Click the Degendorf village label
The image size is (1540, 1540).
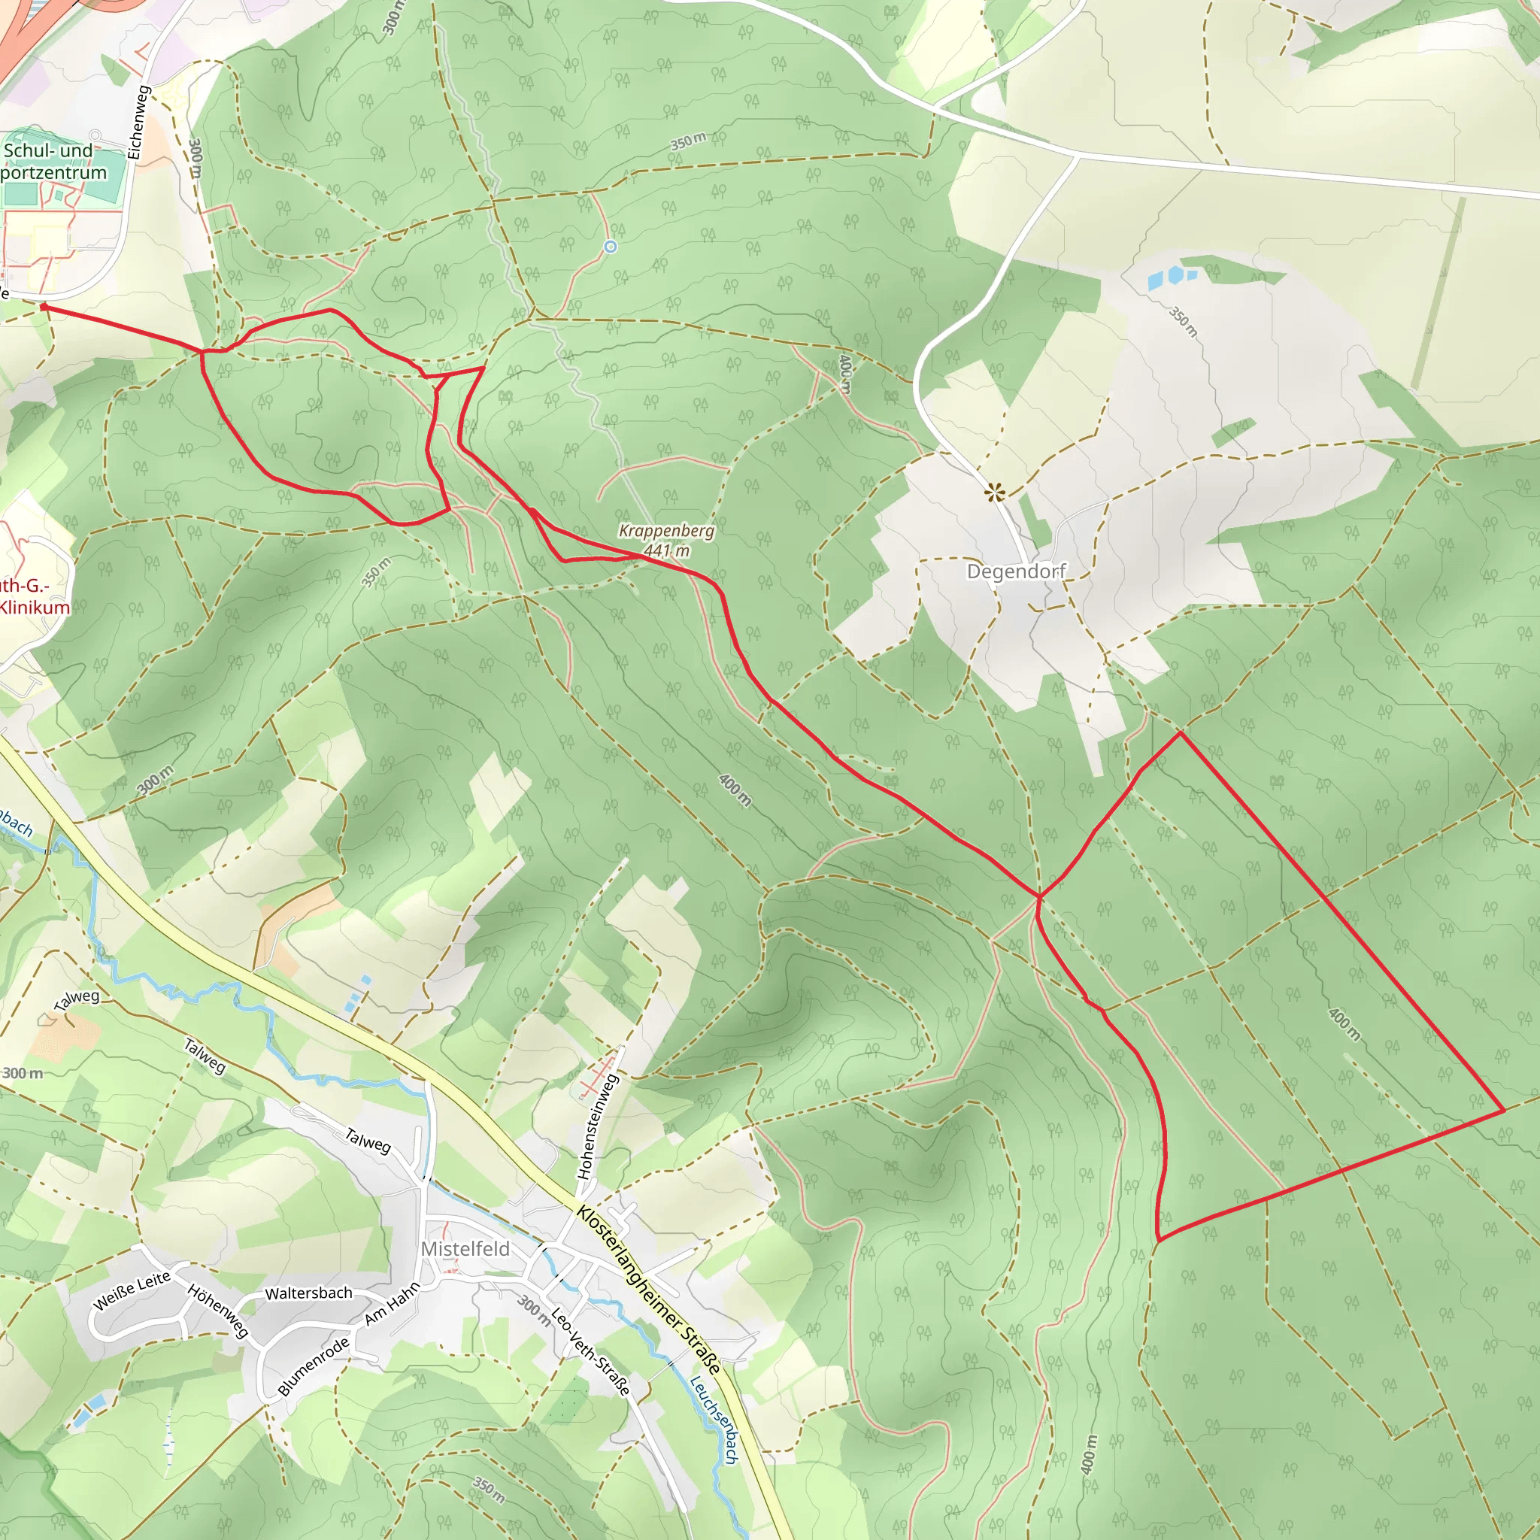point(1015,571)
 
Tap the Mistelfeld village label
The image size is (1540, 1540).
point(465,1248)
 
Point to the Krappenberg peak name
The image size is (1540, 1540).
point(666,531)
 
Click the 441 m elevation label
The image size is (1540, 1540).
point(667,550)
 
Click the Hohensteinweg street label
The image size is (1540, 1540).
point(597,1126)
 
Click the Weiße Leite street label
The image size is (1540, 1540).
point(132,1290)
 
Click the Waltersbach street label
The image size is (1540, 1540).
point(308,1293)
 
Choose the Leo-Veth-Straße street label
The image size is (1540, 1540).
point(590,1351)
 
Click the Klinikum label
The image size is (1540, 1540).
point(35,608)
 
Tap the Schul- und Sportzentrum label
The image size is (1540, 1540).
point(53,162)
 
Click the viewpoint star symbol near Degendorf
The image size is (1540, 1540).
point(994,492)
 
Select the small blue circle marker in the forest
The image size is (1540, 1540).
point(611,247)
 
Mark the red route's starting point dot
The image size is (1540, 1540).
point(44,306)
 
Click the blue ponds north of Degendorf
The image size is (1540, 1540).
point(1173,277)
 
